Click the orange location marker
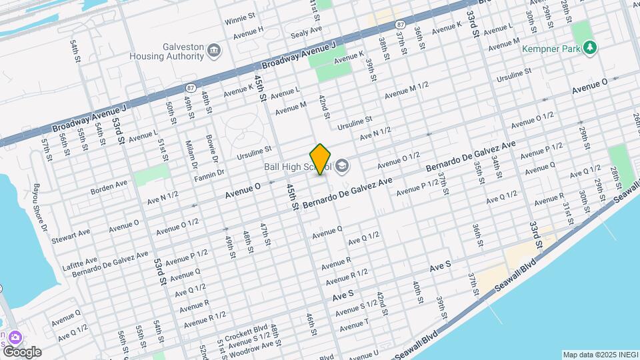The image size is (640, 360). click(x=321, y=159)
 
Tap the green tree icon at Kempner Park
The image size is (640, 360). click(x=589, y=47)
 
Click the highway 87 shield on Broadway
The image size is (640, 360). click(x=191, y=87)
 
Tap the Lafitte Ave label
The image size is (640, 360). click(x=81, y=259)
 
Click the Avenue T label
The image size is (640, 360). click(x=354, y=322)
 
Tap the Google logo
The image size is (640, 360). click(x=21, y=351)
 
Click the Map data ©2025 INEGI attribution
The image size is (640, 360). click(x=599, y=355)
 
